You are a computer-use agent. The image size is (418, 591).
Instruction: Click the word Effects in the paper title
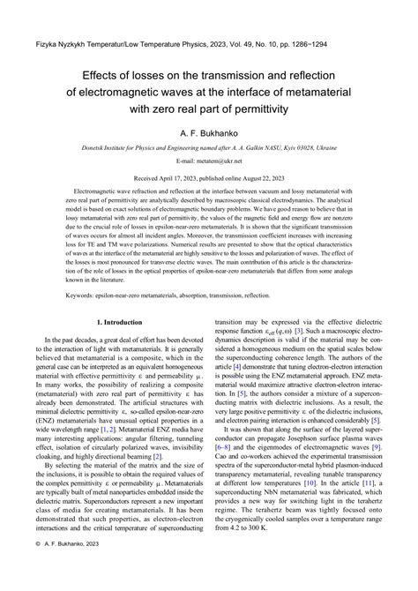93,76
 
